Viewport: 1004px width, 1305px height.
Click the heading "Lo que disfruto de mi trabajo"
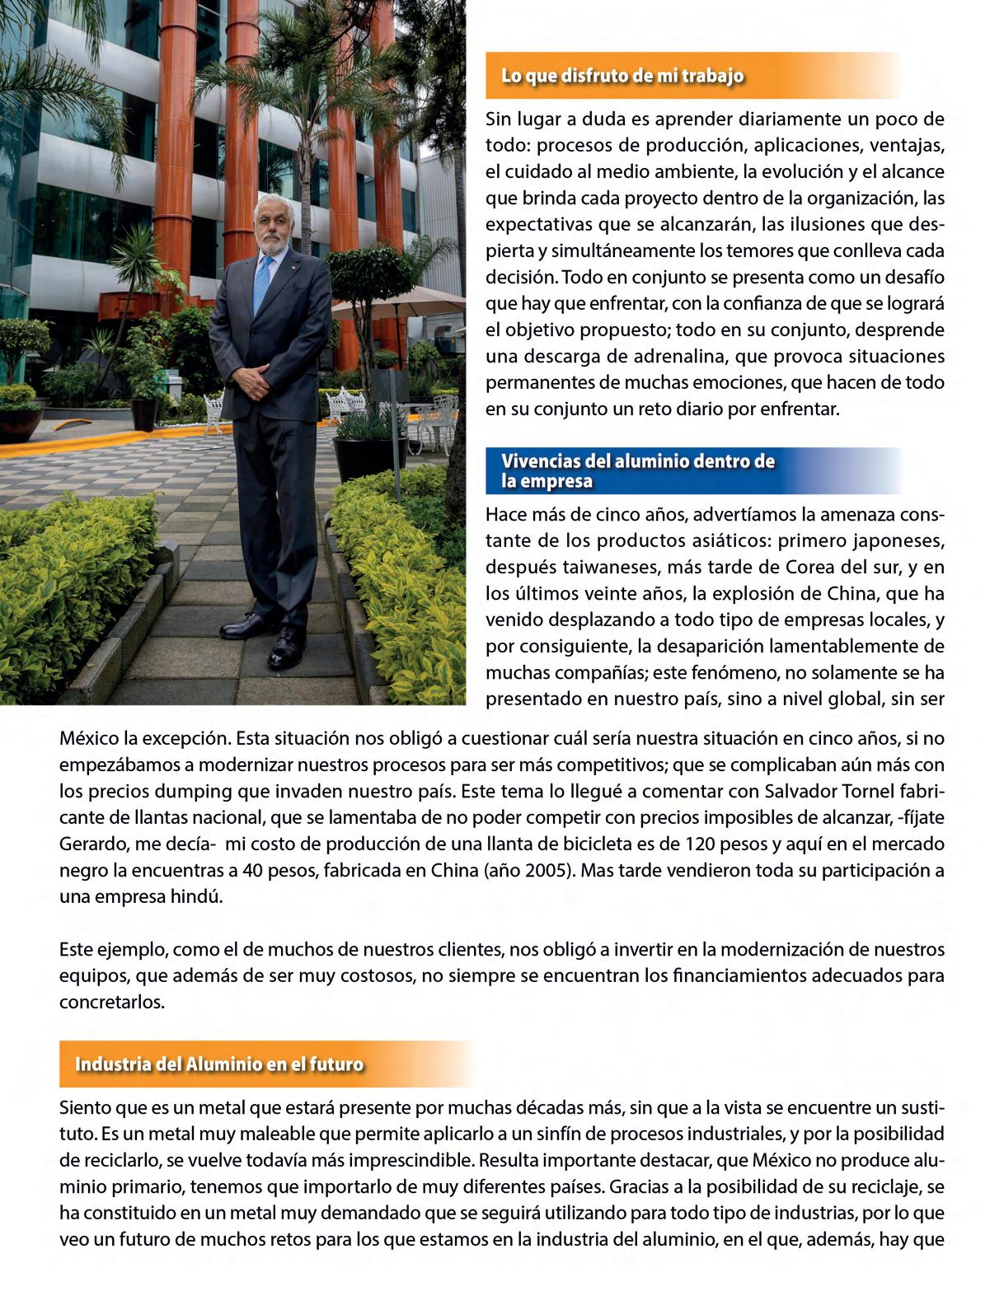point(622,77)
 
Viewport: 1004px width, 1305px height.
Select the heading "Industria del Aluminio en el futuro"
point(219,1064)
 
